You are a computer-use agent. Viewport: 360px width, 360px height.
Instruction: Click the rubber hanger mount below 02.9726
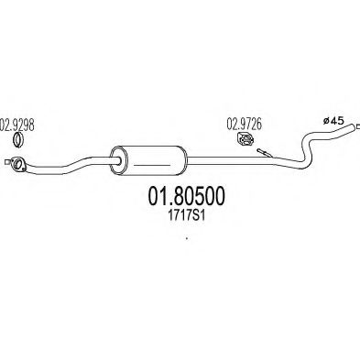(x=243, y=142)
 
